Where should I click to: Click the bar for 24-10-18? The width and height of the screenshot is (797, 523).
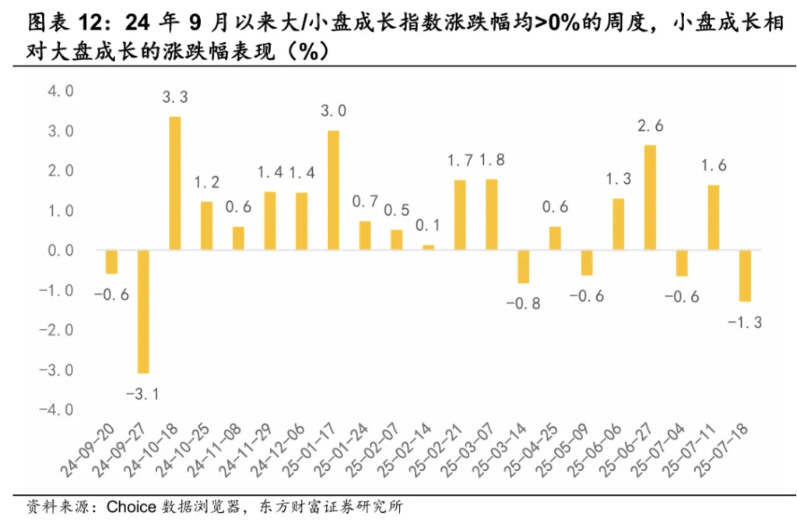tap(175, 183)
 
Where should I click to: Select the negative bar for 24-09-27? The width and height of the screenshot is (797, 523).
tap(143, 312)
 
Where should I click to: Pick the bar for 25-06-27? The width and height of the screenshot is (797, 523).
tap(650, 198)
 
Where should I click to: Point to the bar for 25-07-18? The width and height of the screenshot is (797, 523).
tap(745, 275)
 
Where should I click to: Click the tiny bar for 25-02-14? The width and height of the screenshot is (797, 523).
tap(428, 247)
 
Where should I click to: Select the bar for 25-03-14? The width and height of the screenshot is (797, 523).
tap(523, 267)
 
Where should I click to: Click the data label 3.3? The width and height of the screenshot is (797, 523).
tap(175, 98)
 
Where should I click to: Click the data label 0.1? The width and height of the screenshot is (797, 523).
tap(428, 226)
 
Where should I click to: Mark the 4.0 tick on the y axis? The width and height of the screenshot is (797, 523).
tap(60, 92)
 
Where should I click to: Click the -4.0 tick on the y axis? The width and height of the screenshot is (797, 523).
tap(57, 409)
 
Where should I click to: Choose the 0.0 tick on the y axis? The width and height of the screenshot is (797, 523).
tap(60, 251)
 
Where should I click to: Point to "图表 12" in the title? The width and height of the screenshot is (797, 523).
tap(58, 23)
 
